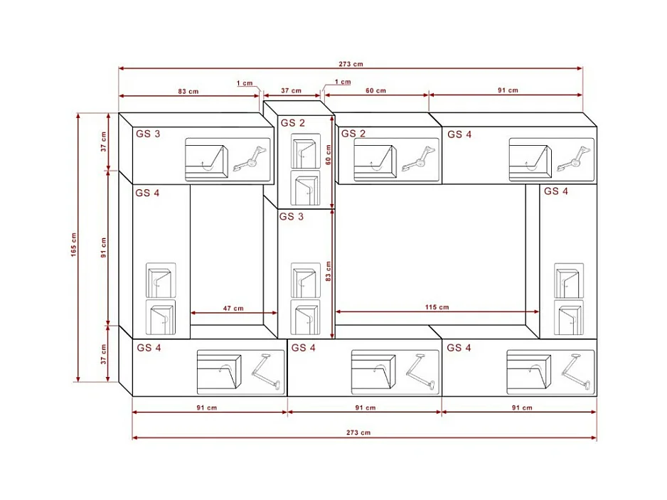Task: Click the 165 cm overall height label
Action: [73, 245]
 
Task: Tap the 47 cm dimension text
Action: [233, 308]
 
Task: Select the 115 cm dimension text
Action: [437, 307]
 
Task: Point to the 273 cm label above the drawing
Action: [351, 64]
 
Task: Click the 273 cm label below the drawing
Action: [358, 432]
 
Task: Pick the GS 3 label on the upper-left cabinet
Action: [148, 134]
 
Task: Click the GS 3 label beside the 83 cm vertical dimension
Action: [292, 217]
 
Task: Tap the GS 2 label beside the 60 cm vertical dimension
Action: [293, 123]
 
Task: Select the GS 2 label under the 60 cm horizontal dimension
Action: [353, 134]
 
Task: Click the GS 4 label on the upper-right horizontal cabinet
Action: [459, 134]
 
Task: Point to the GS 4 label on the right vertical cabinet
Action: [556, 191]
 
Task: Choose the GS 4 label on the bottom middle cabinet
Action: [304, 348]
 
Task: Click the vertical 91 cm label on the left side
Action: [103, 248]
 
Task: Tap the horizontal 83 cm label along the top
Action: [188, 91]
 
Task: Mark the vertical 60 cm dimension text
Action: [328, 155]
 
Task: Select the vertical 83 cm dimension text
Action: [328, 271]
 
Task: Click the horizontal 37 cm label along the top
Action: [291, 90]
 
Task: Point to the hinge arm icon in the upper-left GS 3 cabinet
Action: [251, 159]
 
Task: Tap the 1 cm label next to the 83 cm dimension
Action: [245, 83]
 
